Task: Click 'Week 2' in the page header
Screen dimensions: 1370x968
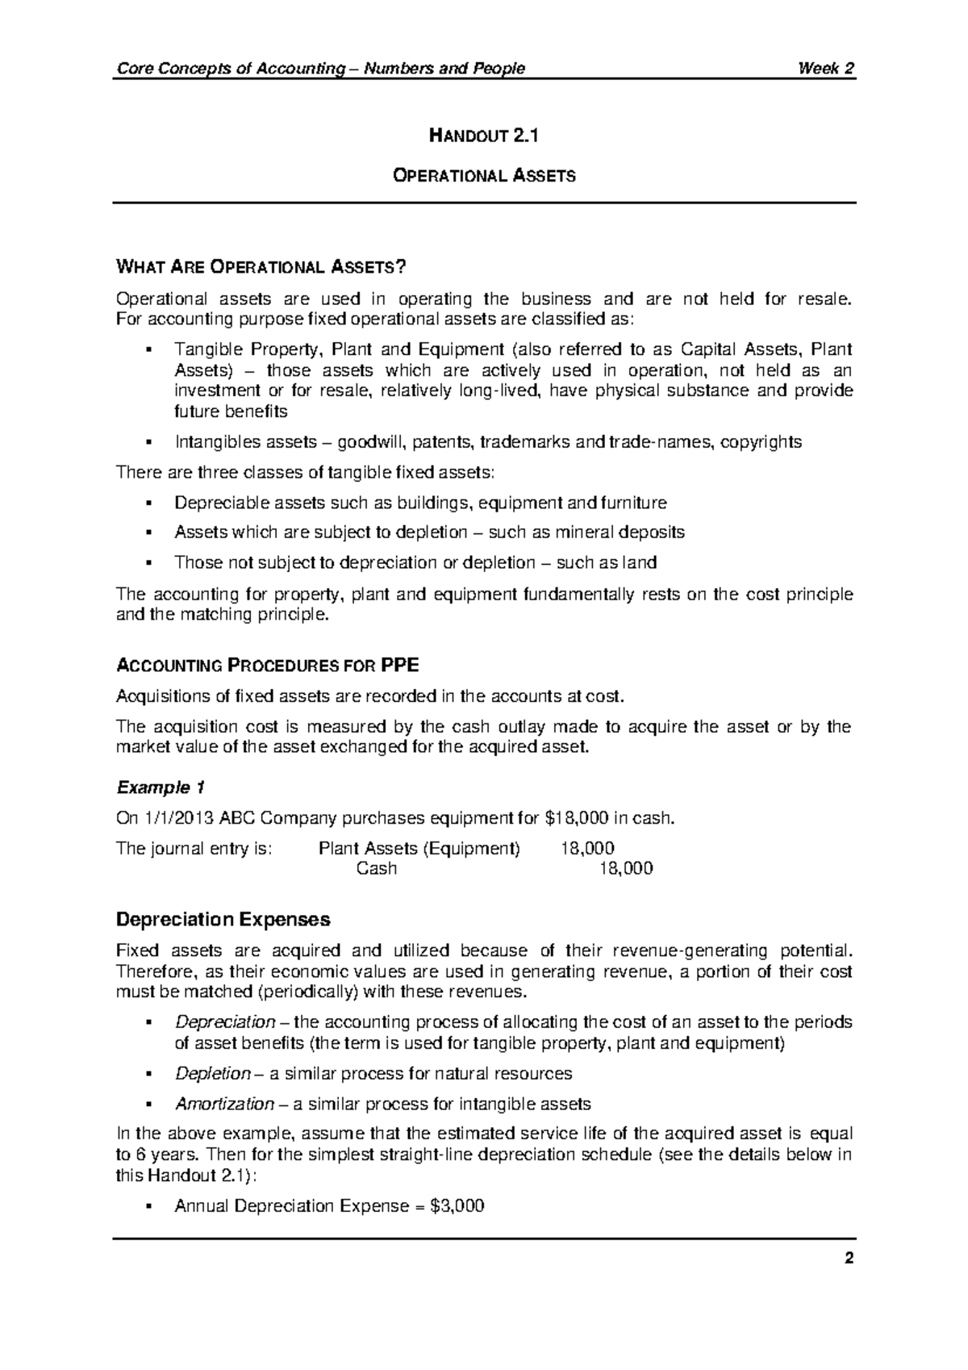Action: [x=825, y=69]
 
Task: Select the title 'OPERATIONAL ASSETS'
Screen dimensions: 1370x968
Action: [x=483, y=175]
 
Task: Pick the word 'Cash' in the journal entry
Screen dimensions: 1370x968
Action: [x=377, y=869]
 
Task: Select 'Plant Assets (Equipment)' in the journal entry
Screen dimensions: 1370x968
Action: [x=419, y=849]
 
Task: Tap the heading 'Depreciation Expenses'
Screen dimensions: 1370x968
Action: [x=223, y=920]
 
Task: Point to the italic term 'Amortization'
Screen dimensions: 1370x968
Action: [x=224, y=1104]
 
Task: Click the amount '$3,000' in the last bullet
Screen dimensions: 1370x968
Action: [x=457, y=1206]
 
